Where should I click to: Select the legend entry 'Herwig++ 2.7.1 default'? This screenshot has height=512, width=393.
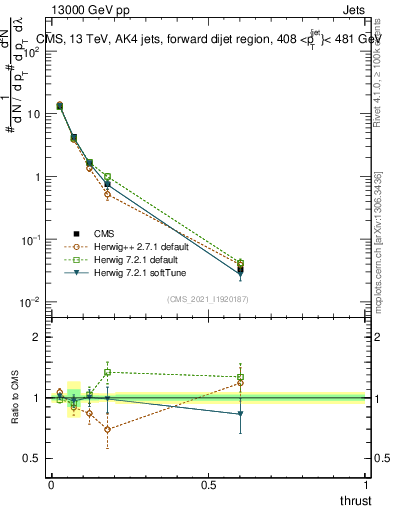pos(125,246)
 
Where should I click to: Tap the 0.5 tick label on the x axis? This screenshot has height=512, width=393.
pos(208,484)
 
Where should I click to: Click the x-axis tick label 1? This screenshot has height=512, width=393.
pos(366,484)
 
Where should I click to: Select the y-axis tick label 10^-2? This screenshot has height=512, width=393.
pos(32,303)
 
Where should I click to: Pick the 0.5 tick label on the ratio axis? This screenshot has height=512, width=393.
pos(32,459)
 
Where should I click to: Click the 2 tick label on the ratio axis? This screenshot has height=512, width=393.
pos(36,337)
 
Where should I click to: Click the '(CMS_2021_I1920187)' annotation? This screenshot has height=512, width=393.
pos(208,299)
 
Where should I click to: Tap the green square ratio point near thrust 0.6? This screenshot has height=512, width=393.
pos(240,377)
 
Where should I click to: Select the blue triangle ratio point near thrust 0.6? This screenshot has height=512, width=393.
pos(240,414)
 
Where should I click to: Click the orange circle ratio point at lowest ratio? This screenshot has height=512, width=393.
pos(107,430)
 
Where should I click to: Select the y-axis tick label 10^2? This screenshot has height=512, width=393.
pos(32,51)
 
